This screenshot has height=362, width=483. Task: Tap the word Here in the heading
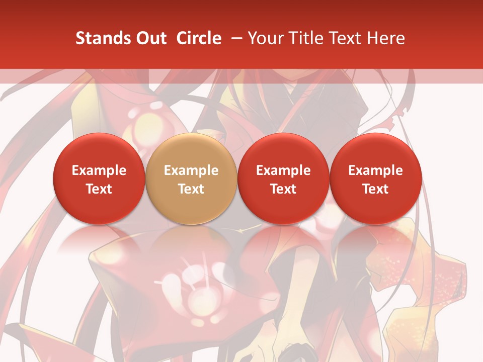386,38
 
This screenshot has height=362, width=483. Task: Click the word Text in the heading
346,38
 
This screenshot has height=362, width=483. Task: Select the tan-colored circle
191,178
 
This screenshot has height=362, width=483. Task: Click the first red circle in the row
99,178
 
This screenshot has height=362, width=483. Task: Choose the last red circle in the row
375,178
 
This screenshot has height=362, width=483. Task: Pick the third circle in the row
283,178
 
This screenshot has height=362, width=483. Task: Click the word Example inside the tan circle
191,170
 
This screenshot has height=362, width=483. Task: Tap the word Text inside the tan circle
191,189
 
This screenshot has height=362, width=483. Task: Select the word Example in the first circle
99,170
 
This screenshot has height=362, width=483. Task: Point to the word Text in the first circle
99,189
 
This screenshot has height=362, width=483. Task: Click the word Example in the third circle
283,170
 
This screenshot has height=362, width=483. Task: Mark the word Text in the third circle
283,189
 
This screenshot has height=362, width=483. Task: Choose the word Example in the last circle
375,170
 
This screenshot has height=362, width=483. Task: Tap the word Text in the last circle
375,189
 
